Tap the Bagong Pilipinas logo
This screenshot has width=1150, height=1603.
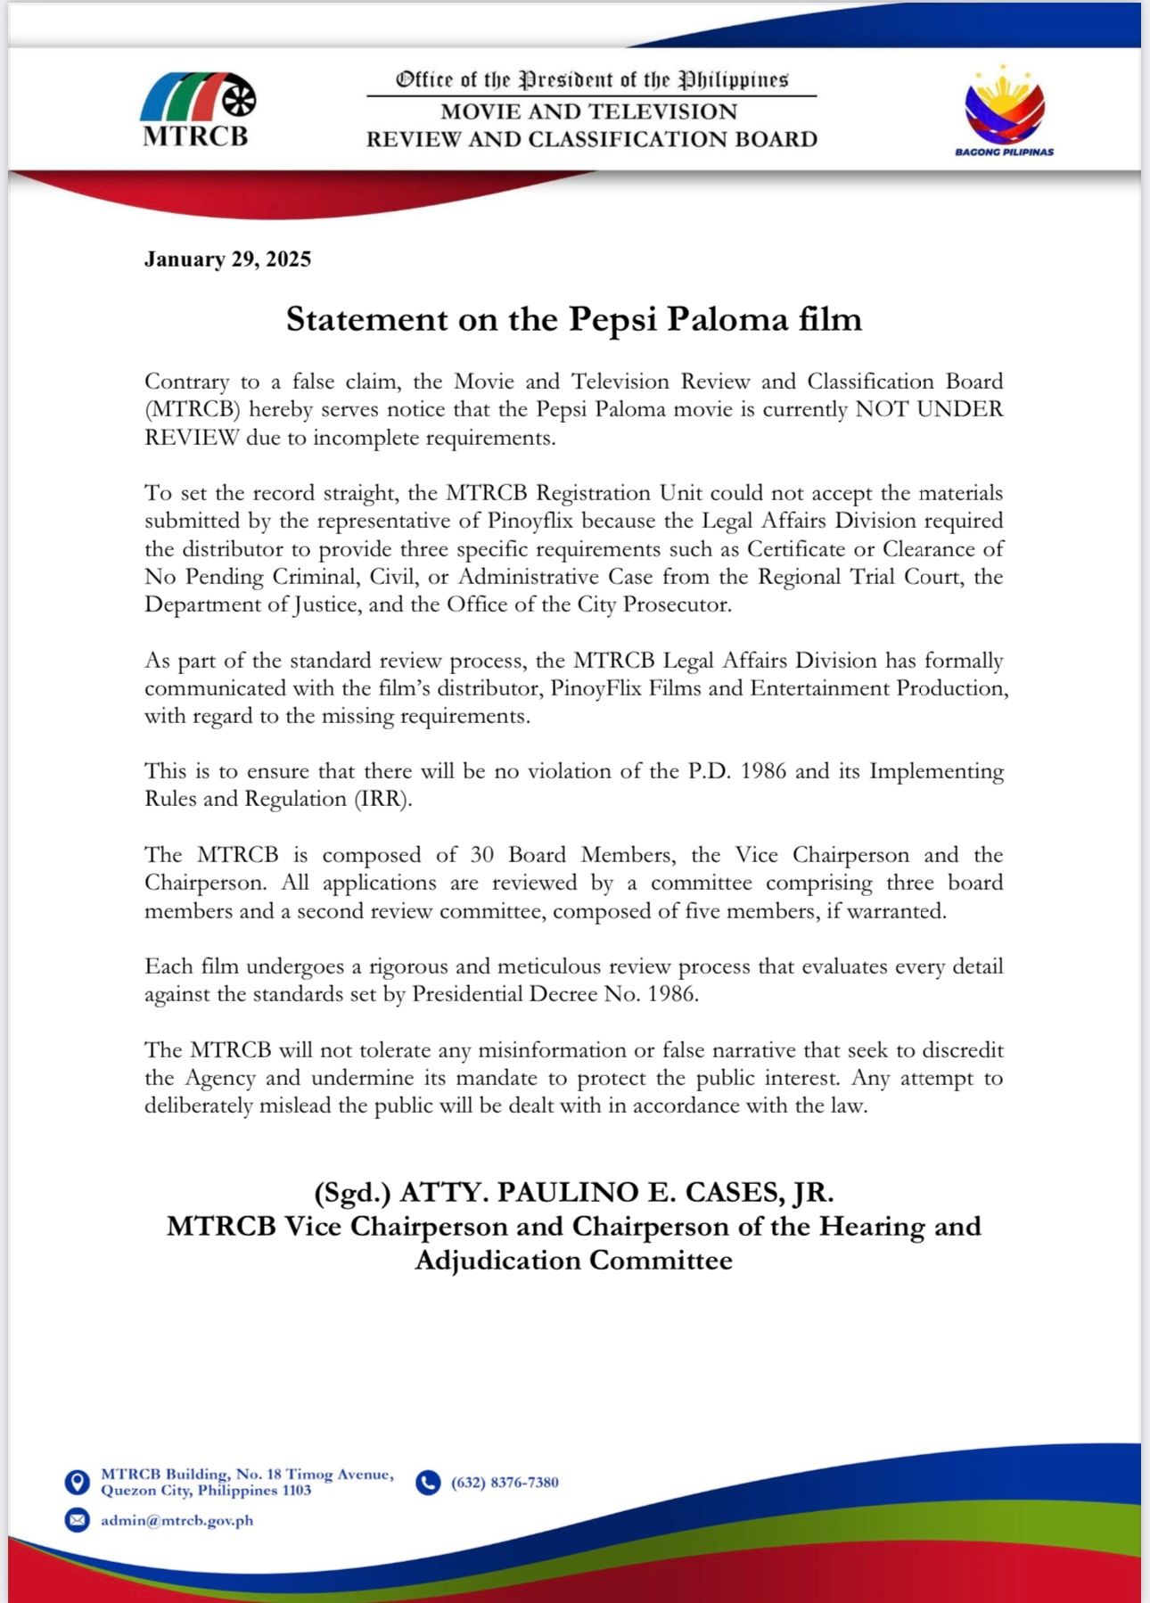coord(1004,110)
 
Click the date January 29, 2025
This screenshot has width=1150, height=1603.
coord(227,259)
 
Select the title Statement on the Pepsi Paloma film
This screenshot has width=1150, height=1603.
coord(574,319)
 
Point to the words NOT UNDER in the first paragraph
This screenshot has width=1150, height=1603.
coord(929,409)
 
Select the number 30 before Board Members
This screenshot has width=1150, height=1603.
coord(481,855)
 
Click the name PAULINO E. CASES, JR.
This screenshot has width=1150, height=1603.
coord(665,1192)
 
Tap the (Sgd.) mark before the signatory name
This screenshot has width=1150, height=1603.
coord(353,1192)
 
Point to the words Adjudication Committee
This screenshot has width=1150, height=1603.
coord(574,1261)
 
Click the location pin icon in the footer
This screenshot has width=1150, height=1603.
coord(78,1482)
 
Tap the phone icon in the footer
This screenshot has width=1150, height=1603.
coord(429,1482)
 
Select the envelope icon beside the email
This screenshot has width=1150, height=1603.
coord(78,1519)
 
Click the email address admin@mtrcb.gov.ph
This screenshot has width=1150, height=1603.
coord(177,1520)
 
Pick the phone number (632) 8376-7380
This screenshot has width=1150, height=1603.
coord(505,1483)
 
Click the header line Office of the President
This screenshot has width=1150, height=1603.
coord(592,80)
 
